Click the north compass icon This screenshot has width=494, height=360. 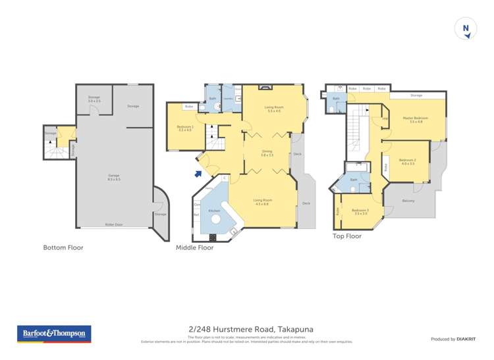466,28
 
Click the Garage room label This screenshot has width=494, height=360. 114,177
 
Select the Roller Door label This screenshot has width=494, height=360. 114,224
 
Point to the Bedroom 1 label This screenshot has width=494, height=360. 184,128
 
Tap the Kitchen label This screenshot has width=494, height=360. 214,211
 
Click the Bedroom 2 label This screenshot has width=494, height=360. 407,162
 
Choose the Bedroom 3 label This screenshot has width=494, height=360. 360,211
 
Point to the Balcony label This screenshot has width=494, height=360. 408,201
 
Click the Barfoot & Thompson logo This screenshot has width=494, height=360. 54,334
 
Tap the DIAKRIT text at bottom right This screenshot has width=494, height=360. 465,339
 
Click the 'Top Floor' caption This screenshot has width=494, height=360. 347,235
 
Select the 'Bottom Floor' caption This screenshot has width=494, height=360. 63,247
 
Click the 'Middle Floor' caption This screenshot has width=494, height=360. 194,247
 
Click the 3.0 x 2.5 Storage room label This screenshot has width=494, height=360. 94,99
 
